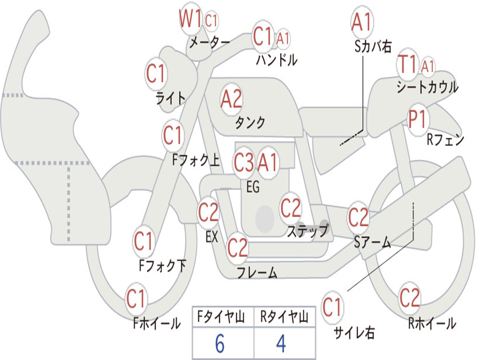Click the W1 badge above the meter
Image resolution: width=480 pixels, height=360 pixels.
[190, 18]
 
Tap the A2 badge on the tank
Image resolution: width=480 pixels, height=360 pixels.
[232, 99]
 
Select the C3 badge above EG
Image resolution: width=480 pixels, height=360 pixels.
[244, 162]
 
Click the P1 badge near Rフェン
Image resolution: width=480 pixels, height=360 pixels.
[418, 119]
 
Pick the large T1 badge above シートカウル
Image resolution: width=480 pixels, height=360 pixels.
[407, 64]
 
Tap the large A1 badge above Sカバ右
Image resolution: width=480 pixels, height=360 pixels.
[362, 22]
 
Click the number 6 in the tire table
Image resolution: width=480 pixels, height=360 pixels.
[220, 344]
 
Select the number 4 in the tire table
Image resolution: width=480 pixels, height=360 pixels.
[281, 344]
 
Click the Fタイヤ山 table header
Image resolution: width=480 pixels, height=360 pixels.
[221, 317]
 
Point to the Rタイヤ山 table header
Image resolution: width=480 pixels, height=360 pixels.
[284, 317]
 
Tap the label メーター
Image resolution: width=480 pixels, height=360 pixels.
[210, 42]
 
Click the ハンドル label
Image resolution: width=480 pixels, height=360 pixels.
[277, 60]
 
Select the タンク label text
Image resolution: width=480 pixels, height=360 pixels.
[250, 122]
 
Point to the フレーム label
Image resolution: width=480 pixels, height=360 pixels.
[257, 272]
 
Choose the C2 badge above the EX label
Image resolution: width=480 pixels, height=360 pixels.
[209, 212]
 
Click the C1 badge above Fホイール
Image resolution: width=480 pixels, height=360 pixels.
[135, 299]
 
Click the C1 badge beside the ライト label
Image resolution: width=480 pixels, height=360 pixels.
[156, 74]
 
